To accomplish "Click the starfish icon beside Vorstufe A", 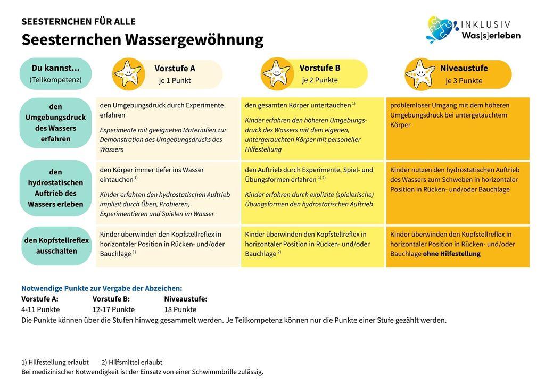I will tap(128, 74).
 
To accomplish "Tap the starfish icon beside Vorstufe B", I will tap(276, 73).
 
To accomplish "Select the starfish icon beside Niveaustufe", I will tap(420, 74).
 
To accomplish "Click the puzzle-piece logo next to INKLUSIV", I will tap(441, 29).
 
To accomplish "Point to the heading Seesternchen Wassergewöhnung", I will tap(142, 39).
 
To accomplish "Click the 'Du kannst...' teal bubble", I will tap(55, 73).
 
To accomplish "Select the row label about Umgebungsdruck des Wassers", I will tap(55, 123).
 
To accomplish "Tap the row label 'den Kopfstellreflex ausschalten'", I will tap(56, 246).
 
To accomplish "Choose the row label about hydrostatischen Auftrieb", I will tap(55, 188).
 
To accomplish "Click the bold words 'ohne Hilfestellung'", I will tap(451, 254).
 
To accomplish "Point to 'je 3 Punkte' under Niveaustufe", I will tap(464, 81).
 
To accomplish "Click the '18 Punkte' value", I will tap(180, 309).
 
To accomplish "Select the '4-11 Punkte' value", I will tap(40, 309).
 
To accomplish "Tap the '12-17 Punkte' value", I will tap(113, 309).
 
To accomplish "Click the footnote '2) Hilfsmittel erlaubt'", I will tap(131, 362).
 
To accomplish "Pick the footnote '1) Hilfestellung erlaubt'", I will tap(55, 362).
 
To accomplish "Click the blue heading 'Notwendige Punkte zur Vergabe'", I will tap(102, 288).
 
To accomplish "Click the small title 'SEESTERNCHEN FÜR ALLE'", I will tap(78, 22).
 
